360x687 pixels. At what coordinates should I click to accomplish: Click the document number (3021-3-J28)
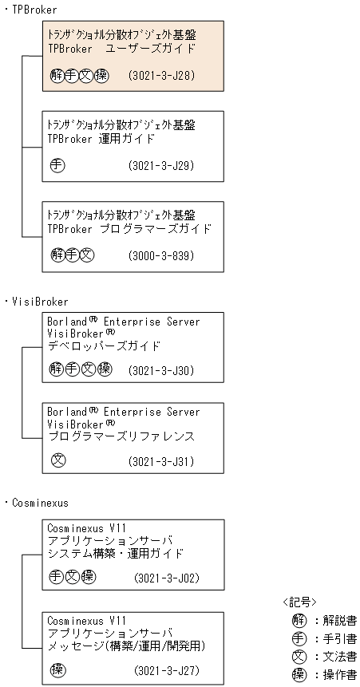point(161,76)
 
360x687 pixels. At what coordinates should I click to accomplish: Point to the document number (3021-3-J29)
point(161,166)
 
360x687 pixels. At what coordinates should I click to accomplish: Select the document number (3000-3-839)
point(161,255)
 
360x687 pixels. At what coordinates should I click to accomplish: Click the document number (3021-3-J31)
point(161,460)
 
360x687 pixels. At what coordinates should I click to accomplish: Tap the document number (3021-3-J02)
point(165,577)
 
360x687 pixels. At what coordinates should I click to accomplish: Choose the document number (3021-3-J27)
point(165,669)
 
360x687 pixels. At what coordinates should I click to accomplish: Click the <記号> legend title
point(299,602)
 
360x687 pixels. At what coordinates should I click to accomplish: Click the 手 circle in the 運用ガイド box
point(57,166)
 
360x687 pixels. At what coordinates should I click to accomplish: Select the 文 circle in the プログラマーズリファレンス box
point(57,460)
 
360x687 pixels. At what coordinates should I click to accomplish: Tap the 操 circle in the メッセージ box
point(57,669)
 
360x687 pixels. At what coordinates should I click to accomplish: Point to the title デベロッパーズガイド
point(104,346)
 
